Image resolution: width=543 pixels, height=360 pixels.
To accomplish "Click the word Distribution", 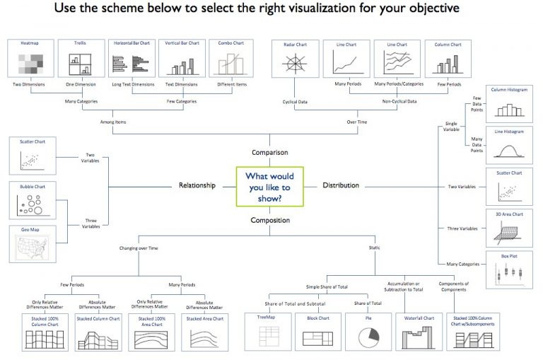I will (x=341, y=186).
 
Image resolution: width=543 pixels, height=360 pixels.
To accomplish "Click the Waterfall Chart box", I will (x=419, y=332).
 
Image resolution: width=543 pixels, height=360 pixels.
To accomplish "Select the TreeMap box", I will (x=266, y=332).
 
